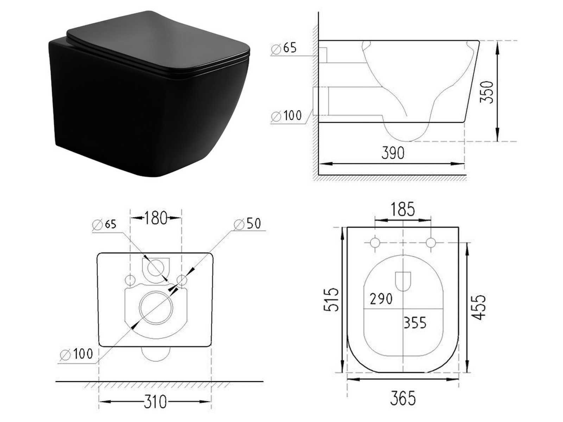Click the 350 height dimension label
(487, 92)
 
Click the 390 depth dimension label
(393, 153)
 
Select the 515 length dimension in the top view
(331, 300)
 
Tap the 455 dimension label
(479, 307)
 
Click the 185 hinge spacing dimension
(403, 209)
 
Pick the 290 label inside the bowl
(381, 299)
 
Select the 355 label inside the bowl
(415, 322)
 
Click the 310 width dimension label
(155, 402)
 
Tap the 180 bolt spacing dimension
(156, 218)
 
